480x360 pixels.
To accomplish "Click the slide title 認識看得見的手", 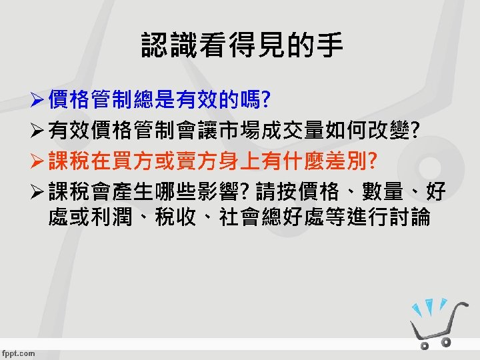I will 241,45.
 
